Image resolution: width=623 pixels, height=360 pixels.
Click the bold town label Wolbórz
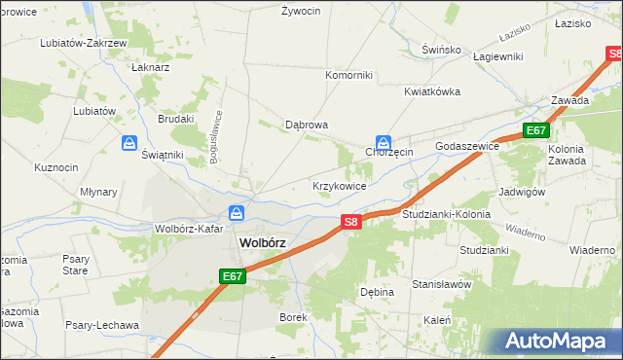[x=263, y=243]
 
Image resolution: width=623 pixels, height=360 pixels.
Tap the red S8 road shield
[x=352, y=223]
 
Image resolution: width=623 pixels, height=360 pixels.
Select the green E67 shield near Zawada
[x=536, y=130]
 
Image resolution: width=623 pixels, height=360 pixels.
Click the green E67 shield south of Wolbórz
[x=232, y=277]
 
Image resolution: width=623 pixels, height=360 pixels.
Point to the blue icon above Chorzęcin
[x=385, y=142]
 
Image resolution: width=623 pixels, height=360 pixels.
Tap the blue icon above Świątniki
[x=129, y=144]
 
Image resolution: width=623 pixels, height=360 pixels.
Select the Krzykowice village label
[x=339, y=185]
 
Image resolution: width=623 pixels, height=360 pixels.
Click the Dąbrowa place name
[x=306, y=126]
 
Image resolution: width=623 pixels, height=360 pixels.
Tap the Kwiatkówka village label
[x=432, y=91]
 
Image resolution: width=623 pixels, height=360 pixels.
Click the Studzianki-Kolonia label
[x=445, y=213]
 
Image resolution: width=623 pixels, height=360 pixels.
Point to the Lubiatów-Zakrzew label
[x=83, y=44]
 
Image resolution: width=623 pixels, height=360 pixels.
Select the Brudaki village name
[x=176, y=119]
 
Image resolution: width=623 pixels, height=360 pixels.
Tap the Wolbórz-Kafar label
[x=189, y=230]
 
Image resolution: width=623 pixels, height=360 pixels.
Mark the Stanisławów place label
[x=441, y=285]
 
